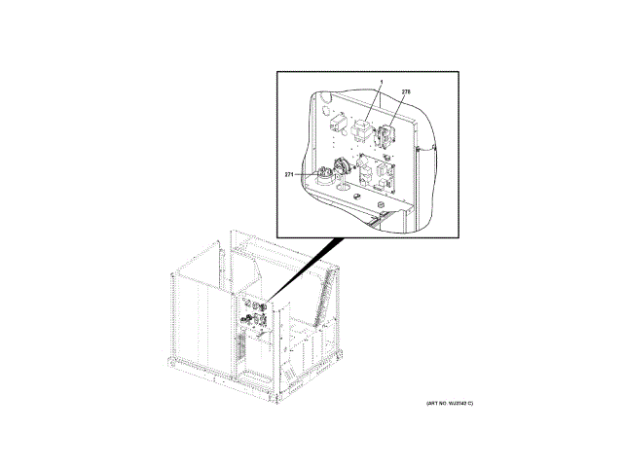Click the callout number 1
[382, 82]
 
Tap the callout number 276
[406, 91]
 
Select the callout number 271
[289, 174]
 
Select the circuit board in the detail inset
[374, 173]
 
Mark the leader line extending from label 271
[303, 174]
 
